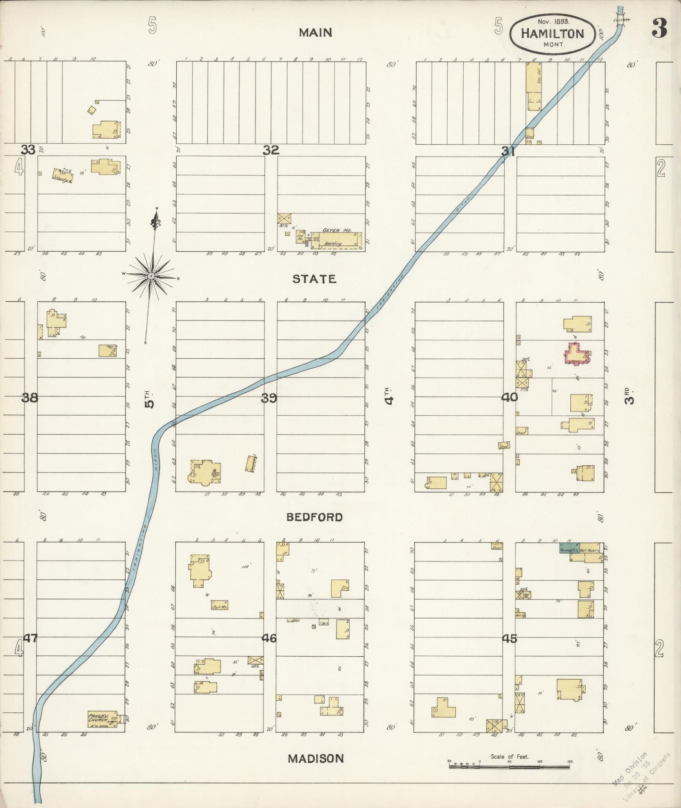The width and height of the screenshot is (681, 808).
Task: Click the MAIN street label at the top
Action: [x=315, y=33]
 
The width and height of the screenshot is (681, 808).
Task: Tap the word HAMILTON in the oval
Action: [x=552, y=33]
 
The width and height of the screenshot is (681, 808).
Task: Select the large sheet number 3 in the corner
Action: [x=659, y=29]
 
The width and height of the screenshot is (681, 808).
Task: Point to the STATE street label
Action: [x=314, y=279]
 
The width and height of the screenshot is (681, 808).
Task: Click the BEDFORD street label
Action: [x=314, y=517]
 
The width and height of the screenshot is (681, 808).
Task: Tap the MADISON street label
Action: [x=316, y=759]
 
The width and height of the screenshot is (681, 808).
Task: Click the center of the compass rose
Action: [x=151, y=276]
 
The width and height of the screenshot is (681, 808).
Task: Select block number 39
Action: [x=269, y=398]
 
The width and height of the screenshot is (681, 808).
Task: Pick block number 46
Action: [x=269, y=638]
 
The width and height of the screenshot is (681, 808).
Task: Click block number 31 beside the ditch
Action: [x=508, y=151]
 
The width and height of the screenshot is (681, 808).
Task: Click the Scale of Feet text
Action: [x=509, y=757]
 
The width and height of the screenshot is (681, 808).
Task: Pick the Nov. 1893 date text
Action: [x=553, y=22]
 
